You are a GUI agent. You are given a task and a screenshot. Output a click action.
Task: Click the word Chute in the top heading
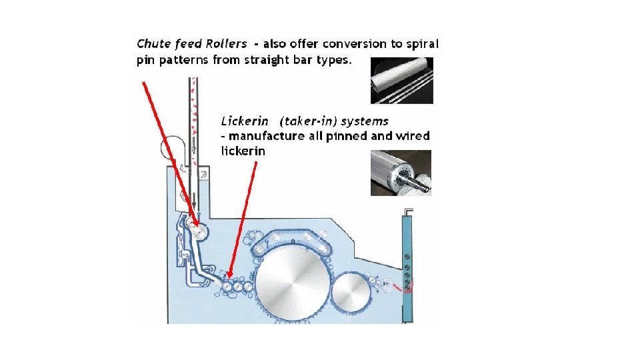(x=151, y=44)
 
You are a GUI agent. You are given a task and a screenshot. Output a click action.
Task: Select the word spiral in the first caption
(x=422, y=44)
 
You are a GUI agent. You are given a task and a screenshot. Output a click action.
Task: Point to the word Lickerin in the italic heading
(x=245, y=121)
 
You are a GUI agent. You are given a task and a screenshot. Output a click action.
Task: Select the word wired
(x=413, y=137)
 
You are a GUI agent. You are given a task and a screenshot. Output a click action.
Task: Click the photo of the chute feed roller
(x=402, y=81)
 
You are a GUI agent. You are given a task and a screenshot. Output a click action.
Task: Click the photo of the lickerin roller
(x=401, y=173)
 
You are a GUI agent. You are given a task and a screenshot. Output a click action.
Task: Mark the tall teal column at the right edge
(x=407, y=267)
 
